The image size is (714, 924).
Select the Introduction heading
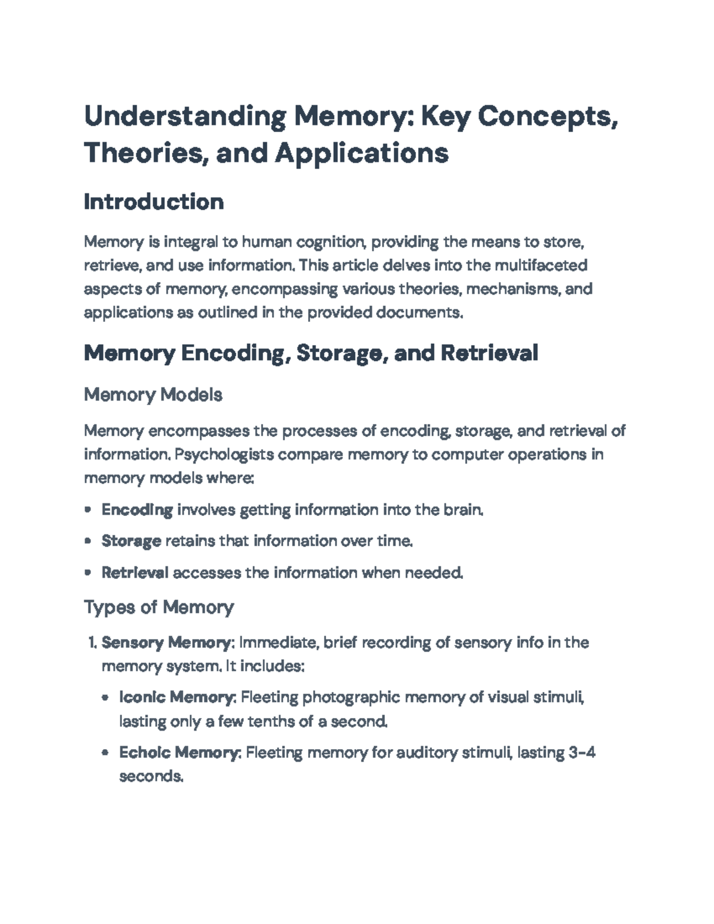coord(154,202)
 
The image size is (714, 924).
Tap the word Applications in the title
coord(361,153)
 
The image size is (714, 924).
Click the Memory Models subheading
coord(153,394)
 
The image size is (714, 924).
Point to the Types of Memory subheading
coord(158,607)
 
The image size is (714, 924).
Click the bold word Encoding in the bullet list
coord(137,510)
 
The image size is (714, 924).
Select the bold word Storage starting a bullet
coord(131,541)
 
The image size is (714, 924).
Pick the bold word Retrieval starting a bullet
coord(135,572)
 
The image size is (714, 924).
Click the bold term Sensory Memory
coord(165,643)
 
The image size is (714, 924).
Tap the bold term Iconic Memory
coord(176,697)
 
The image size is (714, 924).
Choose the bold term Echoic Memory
coord(178,753)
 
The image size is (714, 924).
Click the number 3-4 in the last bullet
coord(581,753)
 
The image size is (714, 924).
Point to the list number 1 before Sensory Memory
coord(92,643)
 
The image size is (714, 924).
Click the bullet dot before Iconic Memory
coord(105,697)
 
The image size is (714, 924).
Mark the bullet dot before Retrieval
coord(88,572)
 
